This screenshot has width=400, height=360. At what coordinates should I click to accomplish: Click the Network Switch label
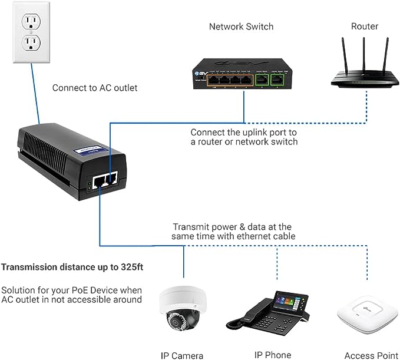tap(242, 27)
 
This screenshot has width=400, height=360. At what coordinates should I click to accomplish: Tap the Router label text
tap(365, 27)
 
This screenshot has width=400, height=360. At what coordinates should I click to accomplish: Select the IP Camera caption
tap(182, 355)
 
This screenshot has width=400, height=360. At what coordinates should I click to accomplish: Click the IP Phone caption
tap(272, 355)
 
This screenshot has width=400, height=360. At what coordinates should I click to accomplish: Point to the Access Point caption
tap(367, 355)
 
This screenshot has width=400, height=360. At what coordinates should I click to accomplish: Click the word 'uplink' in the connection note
tap(252, 132)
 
